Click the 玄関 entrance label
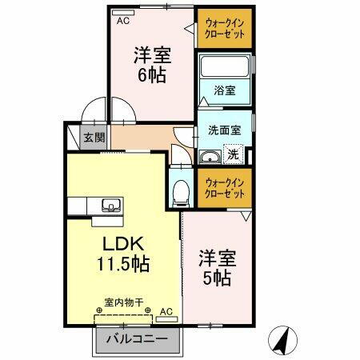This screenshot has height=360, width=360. coord(94,137)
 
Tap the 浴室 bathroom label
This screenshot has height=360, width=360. coord(224,90)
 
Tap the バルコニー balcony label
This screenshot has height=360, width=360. coord(138,340)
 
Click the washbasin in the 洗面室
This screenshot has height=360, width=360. coord(210,156)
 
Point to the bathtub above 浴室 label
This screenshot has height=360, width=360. coord(225,67)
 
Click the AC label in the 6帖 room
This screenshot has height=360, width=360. coord(123,22)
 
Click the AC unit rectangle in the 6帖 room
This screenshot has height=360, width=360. coord(123,13)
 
